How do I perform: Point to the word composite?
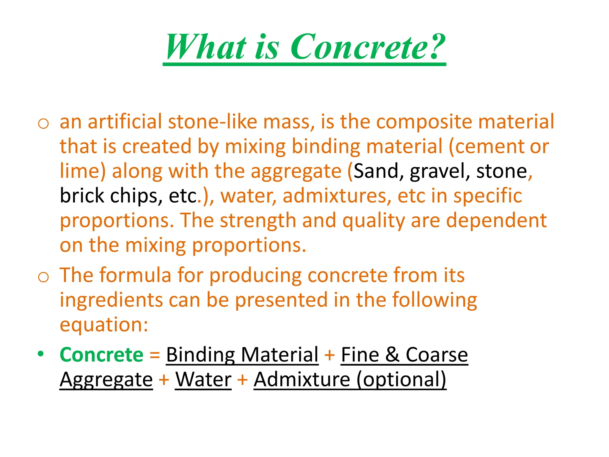[x=424, y=122]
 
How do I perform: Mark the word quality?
[x=373, y=221]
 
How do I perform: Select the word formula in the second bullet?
[x=135, y=275]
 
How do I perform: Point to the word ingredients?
[x=111, y=300]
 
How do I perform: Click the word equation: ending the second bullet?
[x=104, y=325]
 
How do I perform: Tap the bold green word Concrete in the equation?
[x=101, y=355]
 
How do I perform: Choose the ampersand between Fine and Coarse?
[x=392, y=355]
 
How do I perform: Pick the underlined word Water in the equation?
[x=203, y=380]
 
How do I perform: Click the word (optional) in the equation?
[x=401, y=380]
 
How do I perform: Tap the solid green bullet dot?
[x=41, y=354]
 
